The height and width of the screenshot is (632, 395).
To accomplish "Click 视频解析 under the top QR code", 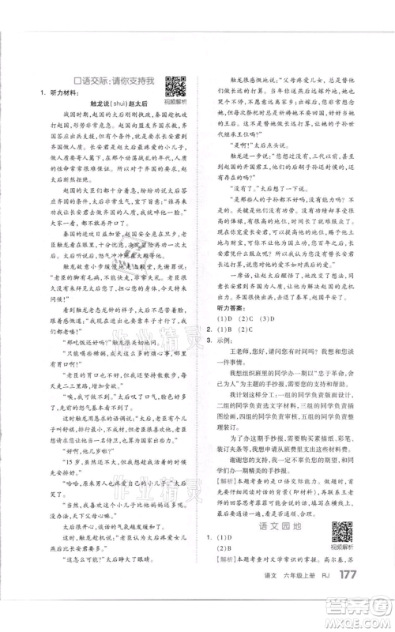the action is point(175,100).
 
